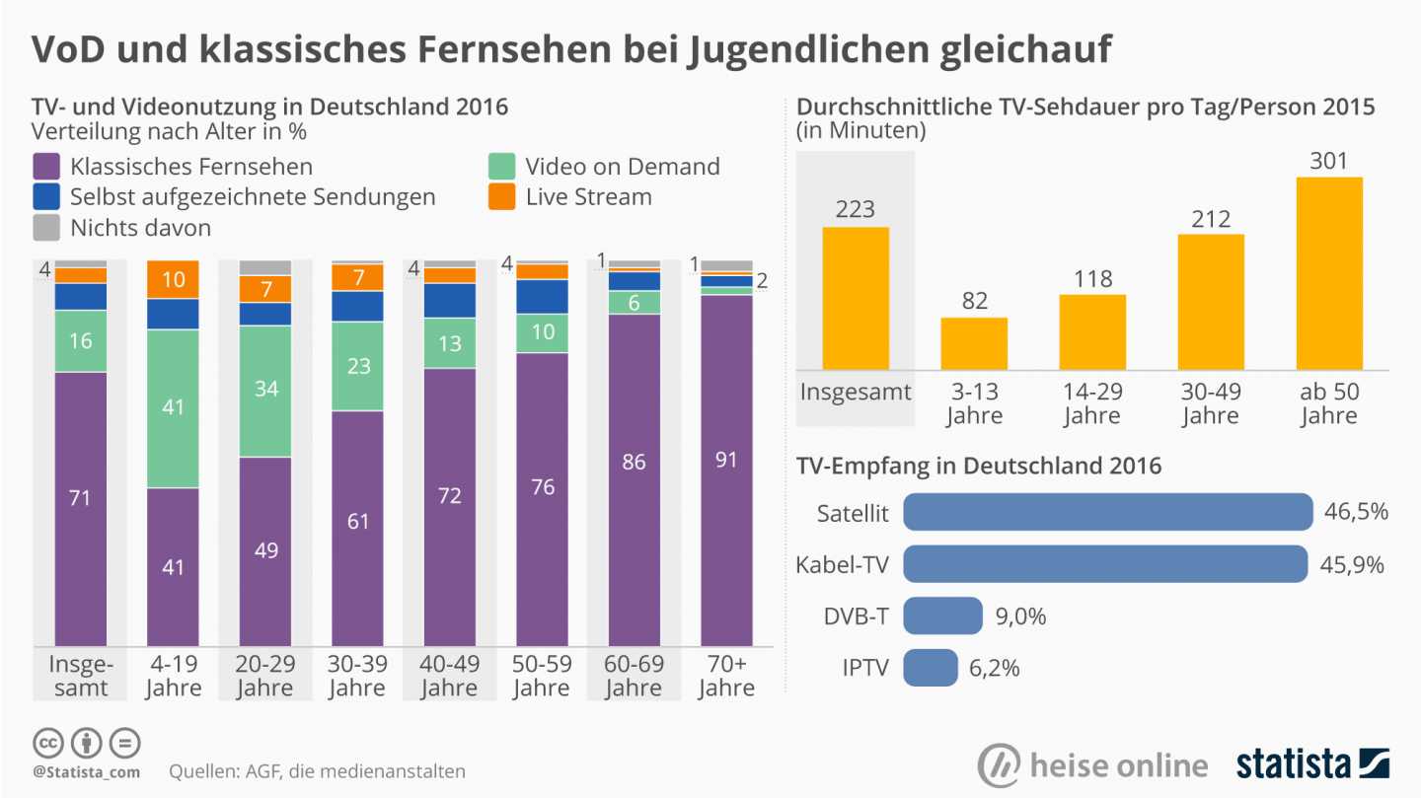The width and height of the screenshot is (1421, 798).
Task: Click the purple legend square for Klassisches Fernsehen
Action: tap(46, 166)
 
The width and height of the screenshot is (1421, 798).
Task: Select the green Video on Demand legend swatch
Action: tap(502, 166)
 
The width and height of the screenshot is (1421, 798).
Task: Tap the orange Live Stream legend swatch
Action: tap(502, 196)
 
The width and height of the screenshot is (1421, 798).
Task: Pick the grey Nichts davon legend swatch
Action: tap(46, 228)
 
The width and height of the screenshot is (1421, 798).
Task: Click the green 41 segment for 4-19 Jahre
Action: tap(173, 408)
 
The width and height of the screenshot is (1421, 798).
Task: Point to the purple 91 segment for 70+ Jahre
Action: tap(726, 470)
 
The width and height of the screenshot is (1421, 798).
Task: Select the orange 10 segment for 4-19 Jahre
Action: tap(173, 279)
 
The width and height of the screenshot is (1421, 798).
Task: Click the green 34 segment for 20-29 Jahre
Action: tap(265, 391)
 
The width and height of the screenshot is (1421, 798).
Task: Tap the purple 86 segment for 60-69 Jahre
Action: tap(635, 479)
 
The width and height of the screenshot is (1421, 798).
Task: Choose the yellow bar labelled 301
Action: tap(1329, 273)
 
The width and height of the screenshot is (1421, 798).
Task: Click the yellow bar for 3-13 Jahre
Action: tap(974, 343)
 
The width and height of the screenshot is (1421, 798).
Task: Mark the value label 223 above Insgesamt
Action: tap(855, 209)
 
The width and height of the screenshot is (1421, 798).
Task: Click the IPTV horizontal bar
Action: tap(930, 667)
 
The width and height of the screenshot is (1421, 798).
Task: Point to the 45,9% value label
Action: tap(1352, 564)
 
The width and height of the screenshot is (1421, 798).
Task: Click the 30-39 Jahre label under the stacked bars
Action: tap(357, 674)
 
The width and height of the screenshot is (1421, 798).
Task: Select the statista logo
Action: tap(1312, 763)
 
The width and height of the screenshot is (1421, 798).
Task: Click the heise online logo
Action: tap(1092, 765)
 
